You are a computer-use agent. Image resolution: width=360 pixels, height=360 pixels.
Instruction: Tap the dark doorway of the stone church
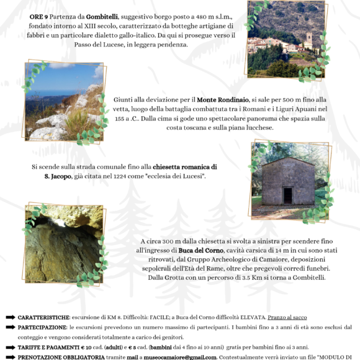point(287,195)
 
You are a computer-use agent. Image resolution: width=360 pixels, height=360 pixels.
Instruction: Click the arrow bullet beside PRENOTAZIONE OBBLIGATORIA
point(11,357)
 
